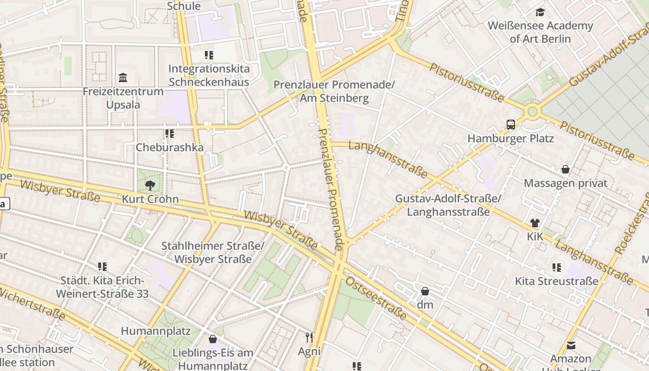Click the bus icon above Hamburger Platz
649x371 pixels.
click(510, 124)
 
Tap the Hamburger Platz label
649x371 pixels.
click(510, 138)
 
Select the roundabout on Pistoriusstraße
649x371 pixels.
click(532, 111)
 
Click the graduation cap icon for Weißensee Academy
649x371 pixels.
click(540, 13)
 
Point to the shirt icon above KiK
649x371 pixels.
click(534, 223)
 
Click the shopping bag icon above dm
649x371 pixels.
click(425, 291)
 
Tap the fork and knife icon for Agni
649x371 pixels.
click(309, 338)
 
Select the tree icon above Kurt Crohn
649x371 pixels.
click(150, 185)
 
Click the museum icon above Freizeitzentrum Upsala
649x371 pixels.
click(123, 77)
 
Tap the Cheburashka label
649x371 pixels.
click(169, 147)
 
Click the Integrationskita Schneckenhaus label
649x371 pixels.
click(209, 75)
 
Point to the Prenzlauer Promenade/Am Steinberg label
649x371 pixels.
click(334, 91)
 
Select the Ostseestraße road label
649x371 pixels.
click(376, 299)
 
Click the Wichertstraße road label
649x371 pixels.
click(32, 304)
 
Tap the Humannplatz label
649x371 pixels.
click(156, 331)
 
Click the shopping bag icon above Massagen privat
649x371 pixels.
click(565, 169)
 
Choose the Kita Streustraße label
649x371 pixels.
click(556, 281)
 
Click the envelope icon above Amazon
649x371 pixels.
click(571, 345)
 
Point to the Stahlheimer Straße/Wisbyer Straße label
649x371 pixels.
click(213, 252)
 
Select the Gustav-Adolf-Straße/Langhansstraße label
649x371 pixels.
click(448, 205)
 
